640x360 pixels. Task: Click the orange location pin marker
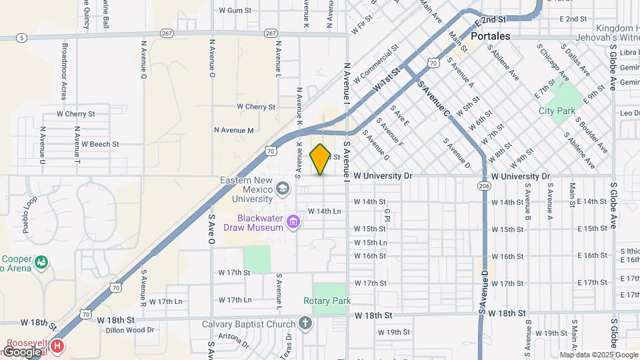320,159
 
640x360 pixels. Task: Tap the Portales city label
490,36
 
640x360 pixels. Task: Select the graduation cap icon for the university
283,189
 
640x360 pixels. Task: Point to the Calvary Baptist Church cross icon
305,325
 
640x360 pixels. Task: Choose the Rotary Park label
332,301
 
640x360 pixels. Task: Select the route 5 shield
23,38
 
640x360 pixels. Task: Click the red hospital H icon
58,346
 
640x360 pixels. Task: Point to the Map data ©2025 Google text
598,355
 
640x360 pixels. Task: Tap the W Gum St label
235,11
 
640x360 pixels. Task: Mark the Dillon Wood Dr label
131,329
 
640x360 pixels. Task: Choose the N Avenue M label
233,130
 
